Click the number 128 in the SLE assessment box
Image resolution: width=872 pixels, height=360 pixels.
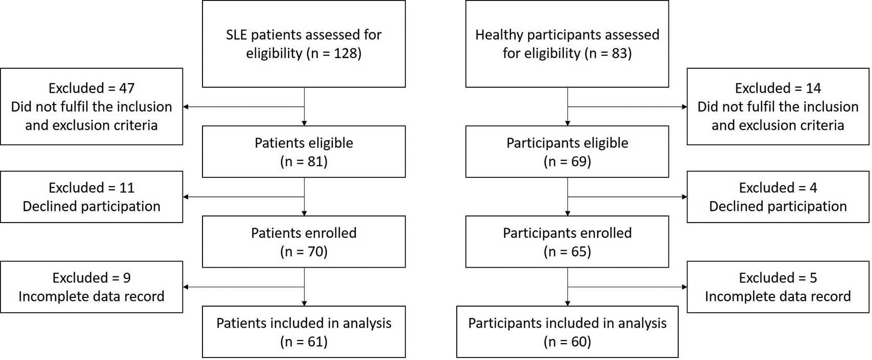[345, 53]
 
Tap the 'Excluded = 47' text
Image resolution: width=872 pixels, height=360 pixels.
[91, 88]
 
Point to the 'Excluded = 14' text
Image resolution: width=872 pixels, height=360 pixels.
[778, 88]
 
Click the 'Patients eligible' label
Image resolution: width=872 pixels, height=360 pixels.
[303, 143]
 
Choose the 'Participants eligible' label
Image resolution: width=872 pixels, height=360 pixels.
[567, 143]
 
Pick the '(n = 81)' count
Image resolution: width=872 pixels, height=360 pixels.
[303, 162]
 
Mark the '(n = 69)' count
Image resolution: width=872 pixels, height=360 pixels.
[567, 162]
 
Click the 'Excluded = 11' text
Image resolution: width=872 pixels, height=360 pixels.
[91, 188]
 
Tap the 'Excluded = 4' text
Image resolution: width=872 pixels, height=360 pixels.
[778, 188]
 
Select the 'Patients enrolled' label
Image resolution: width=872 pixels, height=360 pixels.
[303, 233]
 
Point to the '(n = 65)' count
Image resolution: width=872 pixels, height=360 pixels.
[567, 252]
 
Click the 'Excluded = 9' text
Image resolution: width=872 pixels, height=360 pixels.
[91, 278]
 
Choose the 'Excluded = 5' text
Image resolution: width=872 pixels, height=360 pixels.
[778, 278]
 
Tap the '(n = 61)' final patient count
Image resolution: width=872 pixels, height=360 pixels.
[303, 342]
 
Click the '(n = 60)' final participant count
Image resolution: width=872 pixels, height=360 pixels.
[567, 342]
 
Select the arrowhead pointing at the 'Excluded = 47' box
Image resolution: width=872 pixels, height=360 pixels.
[186, 107]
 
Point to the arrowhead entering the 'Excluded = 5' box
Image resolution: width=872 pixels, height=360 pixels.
[684, 287]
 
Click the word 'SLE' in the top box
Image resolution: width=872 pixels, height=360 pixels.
[237, 35]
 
